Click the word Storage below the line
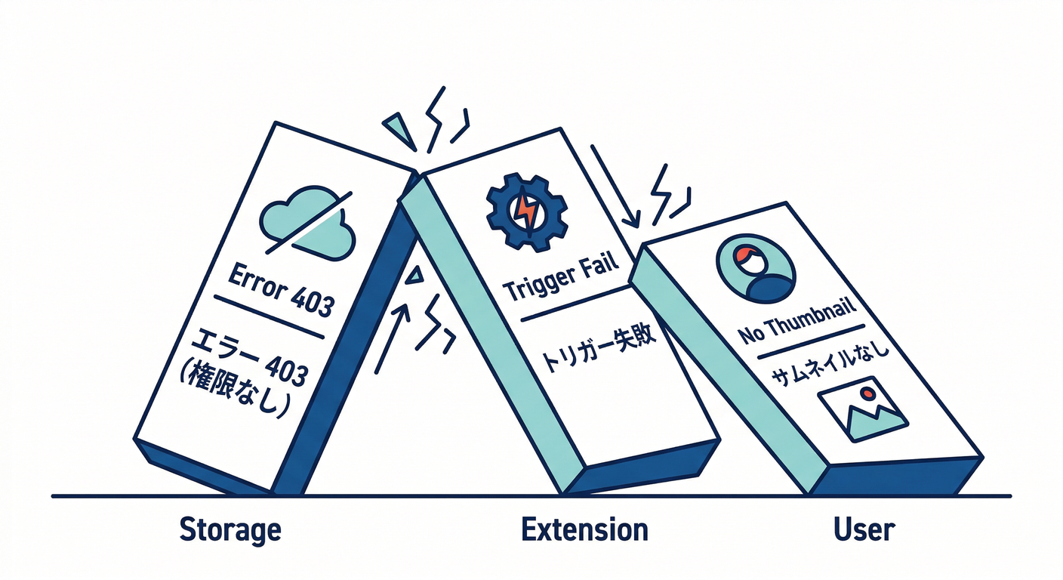coord(230,529)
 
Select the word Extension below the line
coord(584,529)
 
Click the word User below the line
coord(864,529)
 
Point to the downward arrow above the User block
coord(615,185)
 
